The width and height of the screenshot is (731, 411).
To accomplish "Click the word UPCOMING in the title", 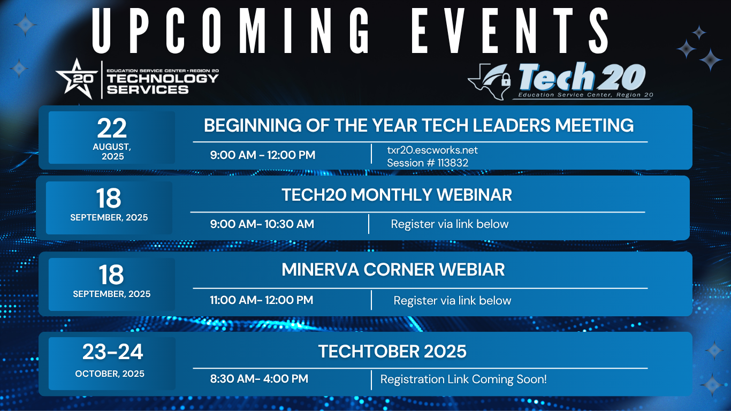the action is click(231, 31).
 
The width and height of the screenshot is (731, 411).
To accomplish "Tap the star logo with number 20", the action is click(77, 79).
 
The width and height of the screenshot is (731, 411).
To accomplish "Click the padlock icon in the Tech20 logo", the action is click(506, 79).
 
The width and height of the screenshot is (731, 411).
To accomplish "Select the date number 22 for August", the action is click(112, 128).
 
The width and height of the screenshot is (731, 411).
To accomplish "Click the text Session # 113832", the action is click(428, 163).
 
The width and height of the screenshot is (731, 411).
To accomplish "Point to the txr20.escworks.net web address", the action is click(432, 150).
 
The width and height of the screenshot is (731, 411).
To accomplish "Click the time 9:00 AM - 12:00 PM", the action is click(263, 155).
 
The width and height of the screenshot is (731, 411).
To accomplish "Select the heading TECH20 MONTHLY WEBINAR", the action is click(397, 195).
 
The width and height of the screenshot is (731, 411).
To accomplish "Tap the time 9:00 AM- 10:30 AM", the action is click(262, 224).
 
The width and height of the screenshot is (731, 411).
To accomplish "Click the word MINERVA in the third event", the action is click(320, 270).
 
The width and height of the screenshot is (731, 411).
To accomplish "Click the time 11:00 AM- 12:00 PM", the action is click(261, 300).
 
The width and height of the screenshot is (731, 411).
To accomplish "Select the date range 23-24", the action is click(112, 352).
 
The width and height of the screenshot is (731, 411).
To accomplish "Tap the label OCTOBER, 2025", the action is click(110, 374).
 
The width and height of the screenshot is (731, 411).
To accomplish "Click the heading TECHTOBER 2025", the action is click(392, 351).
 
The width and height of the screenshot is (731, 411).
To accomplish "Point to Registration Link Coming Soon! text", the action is click(463, 379).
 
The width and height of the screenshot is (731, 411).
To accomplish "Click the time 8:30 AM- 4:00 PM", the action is click(259, 379).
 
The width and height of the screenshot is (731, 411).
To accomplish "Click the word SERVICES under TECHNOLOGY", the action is click(148, 89).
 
